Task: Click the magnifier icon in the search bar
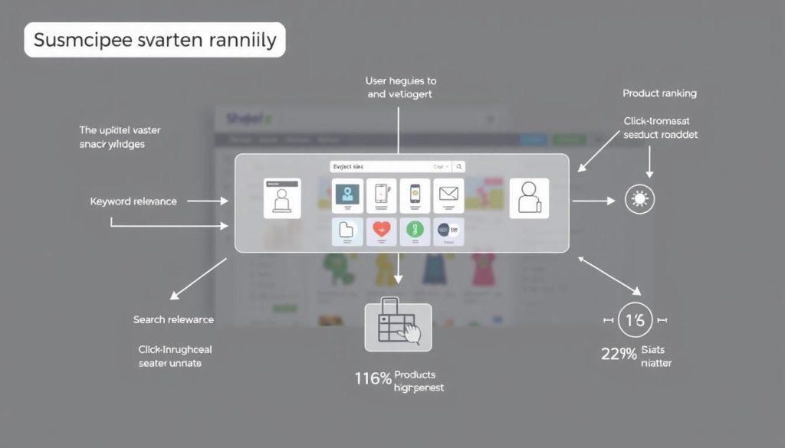[458, 166]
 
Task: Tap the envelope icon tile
[448, 195]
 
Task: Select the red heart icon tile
[381, 231]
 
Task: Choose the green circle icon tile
[414, 231]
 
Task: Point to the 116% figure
[373, 378]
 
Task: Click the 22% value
[619, 355]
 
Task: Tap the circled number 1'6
[636, 320]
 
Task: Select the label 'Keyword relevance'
[133, 201]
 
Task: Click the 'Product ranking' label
[659, 93]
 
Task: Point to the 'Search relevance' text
[173, 319]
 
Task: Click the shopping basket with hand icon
[397, 327]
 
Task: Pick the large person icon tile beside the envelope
[529, 198]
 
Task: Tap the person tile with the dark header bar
[282, 198]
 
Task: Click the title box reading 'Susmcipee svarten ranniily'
[155, 40]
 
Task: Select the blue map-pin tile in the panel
[347, 195]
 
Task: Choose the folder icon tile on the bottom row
[347, 231]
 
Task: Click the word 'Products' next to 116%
[414, 374]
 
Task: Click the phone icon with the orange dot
[415, 195]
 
